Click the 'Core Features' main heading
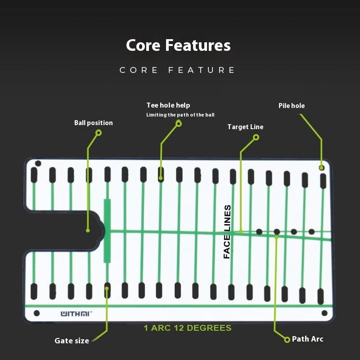[x=178, y=45]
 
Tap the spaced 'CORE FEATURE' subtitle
[x=177, y=70]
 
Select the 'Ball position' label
[x=94, y=123]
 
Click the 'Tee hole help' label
[x=168, y=105]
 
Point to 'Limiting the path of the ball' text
[x=180, y=115]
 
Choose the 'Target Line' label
[x=245, y=127]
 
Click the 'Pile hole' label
[x=292, y=106]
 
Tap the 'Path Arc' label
[x=308, y=339]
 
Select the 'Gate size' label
[x=72, y=341]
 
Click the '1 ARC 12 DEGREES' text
[x=188, y=328]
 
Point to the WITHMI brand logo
[x=76, y=314]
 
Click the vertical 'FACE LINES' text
[x=227, y=232]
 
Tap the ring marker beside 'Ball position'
[x=99, y=133]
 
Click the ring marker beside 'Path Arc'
[x=287, y=340]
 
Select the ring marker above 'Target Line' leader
[x=256, y=137]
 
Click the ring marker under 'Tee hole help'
[x=179, y=124]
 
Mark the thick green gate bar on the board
[x=107, y=231]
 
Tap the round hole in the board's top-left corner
[x=38, y=164]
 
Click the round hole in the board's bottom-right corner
[x=324, y=313]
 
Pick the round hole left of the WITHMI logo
[x=37, y=313]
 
